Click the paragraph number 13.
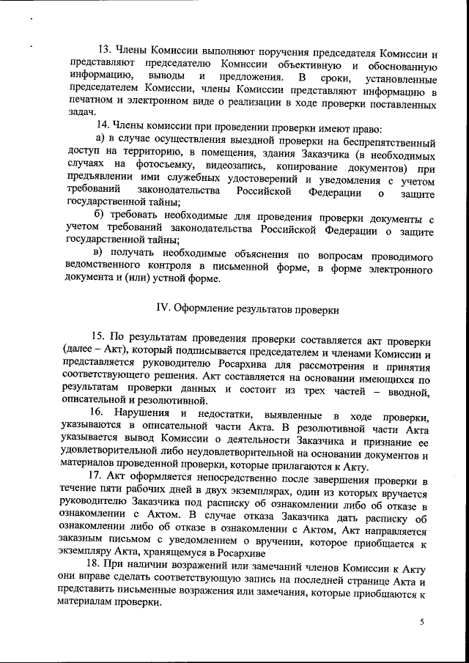click(104, 50)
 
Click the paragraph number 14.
click(104, 125)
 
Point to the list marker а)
click(102, 138)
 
